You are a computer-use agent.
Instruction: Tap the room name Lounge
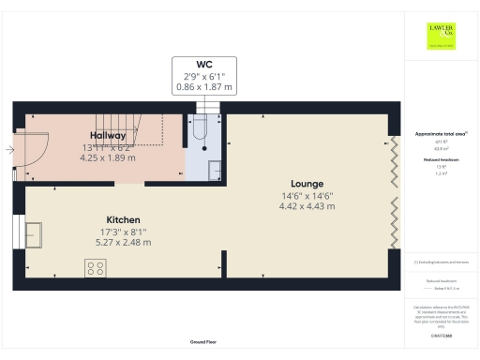pyautogui.click(x=307, y=184)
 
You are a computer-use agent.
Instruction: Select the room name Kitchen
pyautogui.click(x=123, y=217)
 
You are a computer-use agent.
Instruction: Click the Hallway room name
pyautogui.click(x=100, y=135)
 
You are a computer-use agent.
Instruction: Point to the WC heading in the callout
pyautogui.click(x=203, y=64)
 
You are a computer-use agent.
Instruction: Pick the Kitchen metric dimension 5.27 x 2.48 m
pyautogui.click(x=123, y=242)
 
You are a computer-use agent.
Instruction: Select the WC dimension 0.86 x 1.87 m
pyautogui.click(x=203, y=87)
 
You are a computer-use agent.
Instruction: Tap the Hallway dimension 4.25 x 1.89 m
pyautogui.click(x=100, y=158)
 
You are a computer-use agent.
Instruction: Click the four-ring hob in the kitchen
pyautogui.click(x=96, y=268)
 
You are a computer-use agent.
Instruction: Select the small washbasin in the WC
pyautogui.click(x=215, y=169)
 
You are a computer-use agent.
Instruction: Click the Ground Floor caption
pyautogui.click(x=203, y=344)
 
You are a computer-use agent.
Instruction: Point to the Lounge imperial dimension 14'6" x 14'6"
pyautogui.click(x=307, y=196)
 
